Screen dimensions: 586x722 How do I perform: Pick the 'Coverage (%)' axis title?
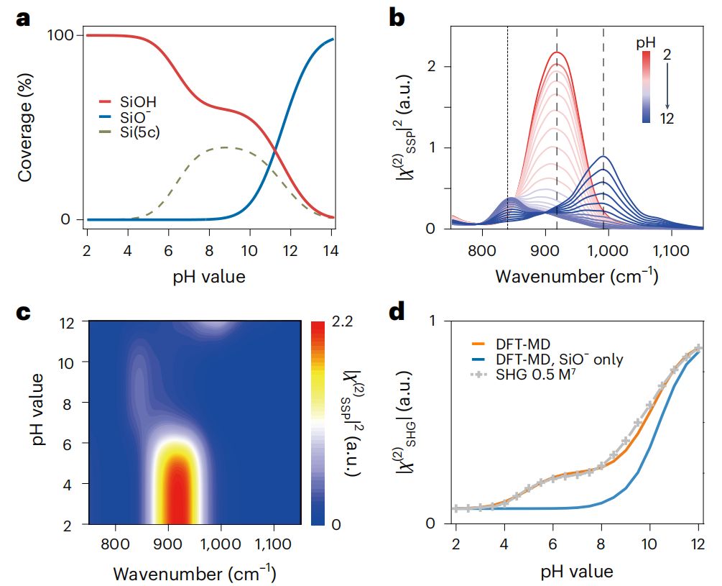(x=25, y=128)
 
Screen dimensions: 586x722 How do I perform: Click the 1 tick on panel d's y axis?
(x=438, y=321)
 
